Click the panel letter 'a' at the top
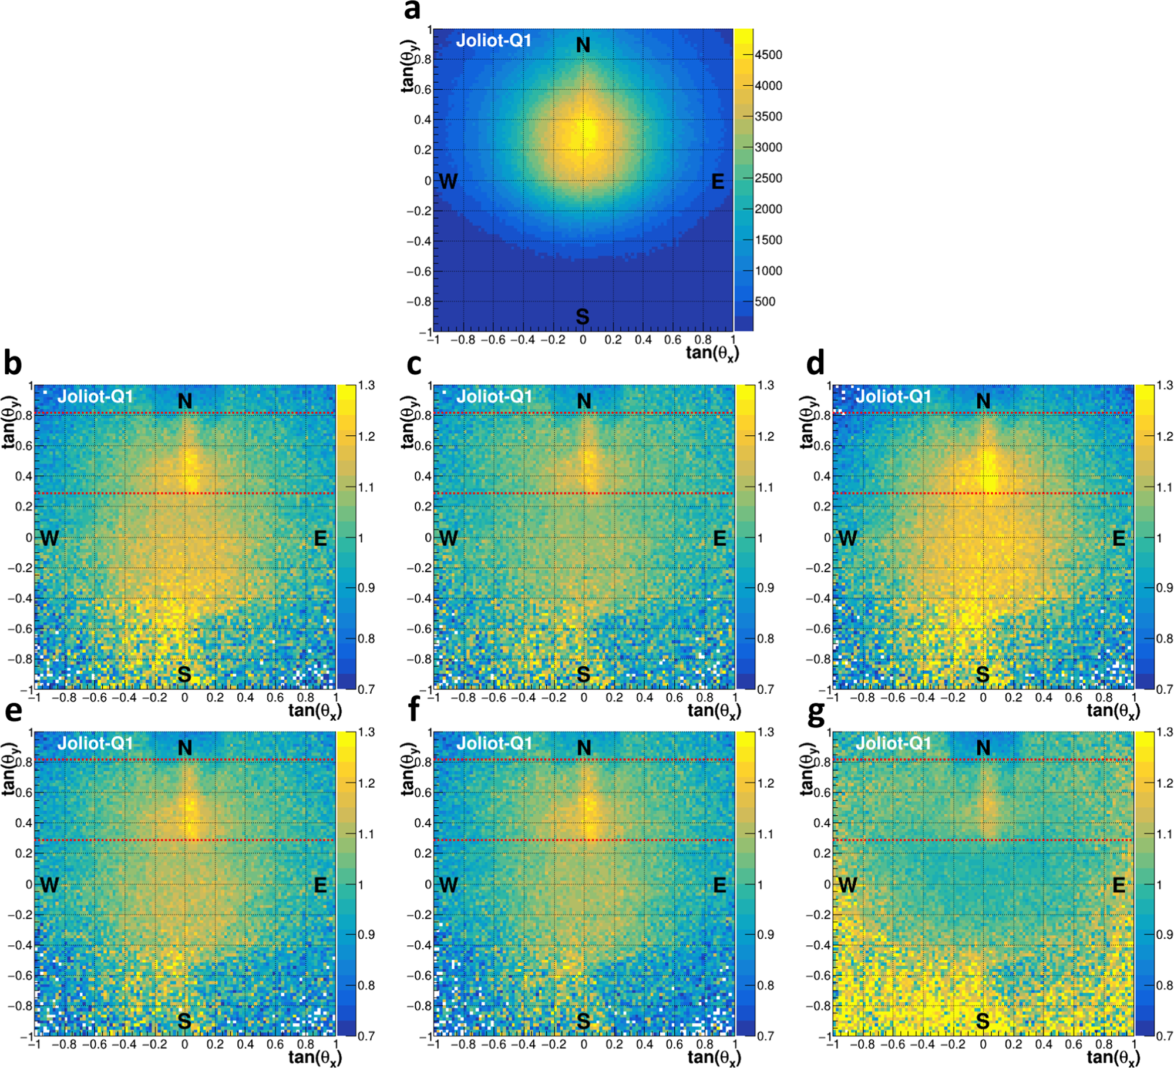(x=412, y=11)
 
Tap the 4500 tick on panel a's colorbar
(x=768, y=55)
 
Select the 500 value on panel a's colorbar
(x=765, y=302)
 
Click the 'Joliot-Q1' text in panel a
(x=493, y=41)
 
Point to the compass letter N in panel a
(x=583, y=45)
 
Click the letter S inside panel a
(x=582, y=317)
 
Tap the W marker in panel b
(x=49, y=538)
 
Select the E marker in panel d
(x=1119, y=538)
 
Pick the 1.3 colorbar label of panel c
(x=765, y=386)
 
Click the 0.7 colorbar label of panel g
(x=1165, y=1036)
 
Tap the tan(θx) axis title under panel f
(x=714, y=1057)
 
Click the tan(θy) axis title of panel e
(x=9, y=770)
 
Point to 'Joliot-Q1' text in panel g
(x=893, y=744)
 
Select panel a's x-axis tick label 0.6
(x=673, y=340)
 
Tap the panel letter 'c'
(x=414, y=364)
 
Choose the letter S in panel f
(x=583, y=1021)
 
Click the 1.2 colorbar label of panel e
(x=366, y=784)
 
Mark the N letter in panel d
(x=983, y=401)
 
